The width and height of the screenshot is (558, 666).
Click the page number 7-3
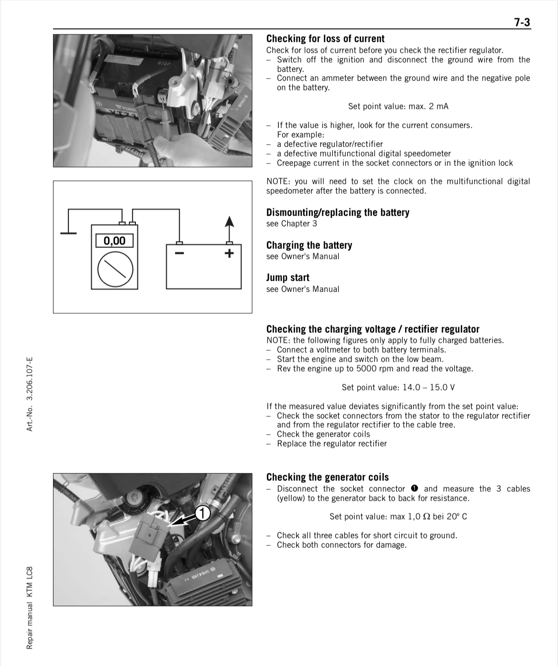tap(522, 22)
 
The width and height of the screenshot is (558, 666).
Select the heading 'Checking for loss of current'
tap(325, 39)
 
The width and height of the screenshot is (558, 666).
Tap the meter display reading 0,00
tap(114, 241)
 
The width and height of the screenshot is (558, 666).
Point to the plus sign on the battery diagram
tap(229, 253)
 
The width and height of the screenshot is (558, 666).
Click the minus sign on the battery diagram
tap(179, 253)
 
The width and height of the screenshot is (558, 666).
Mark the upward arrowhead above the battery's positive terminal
tap(229, 222)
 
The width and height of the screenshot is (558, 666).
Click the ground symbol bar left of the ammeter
tap(68, 232)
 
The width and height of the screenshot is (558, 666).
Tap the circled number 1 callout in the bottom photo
tap(202, 513)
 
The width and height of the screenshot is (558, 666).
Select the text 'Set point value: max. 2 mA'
tap(398, 106)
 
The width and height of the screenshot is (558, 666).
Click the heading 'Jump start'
tap(288, 278)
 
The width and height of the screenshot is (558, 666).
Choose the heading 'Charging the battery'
tap(309, 245)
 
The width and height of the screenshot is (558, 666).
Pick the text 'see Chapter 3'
tap(291, 223)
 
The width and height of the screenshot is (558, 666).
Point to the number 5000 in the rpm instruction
tap(367, 369)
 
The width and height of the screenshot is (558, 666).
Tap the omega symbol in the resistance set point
tap(426, 517)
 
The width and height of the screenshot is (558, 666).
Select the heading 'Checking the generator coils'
tap(327, 477)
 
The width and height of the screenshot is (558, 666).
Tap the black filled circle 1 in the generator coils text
tap(414, 489)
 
